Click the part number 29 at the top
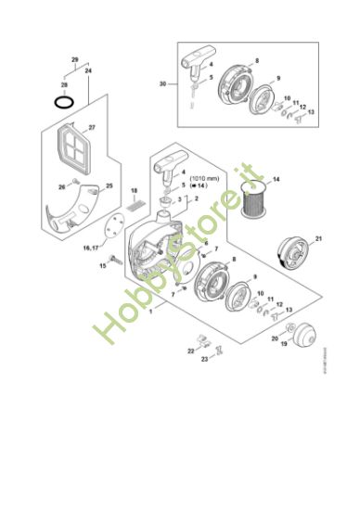[75, 60]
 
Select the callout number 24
[88, 70]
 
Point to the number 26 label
[62, 187]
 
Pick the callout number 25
[109, 186]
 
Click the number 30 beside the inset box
[163, 83]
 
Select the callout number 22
[190, 351]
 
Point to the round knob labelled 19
[304, 331]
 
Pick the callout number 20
[275, 339]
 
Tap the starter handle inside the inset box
[198, 67]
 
